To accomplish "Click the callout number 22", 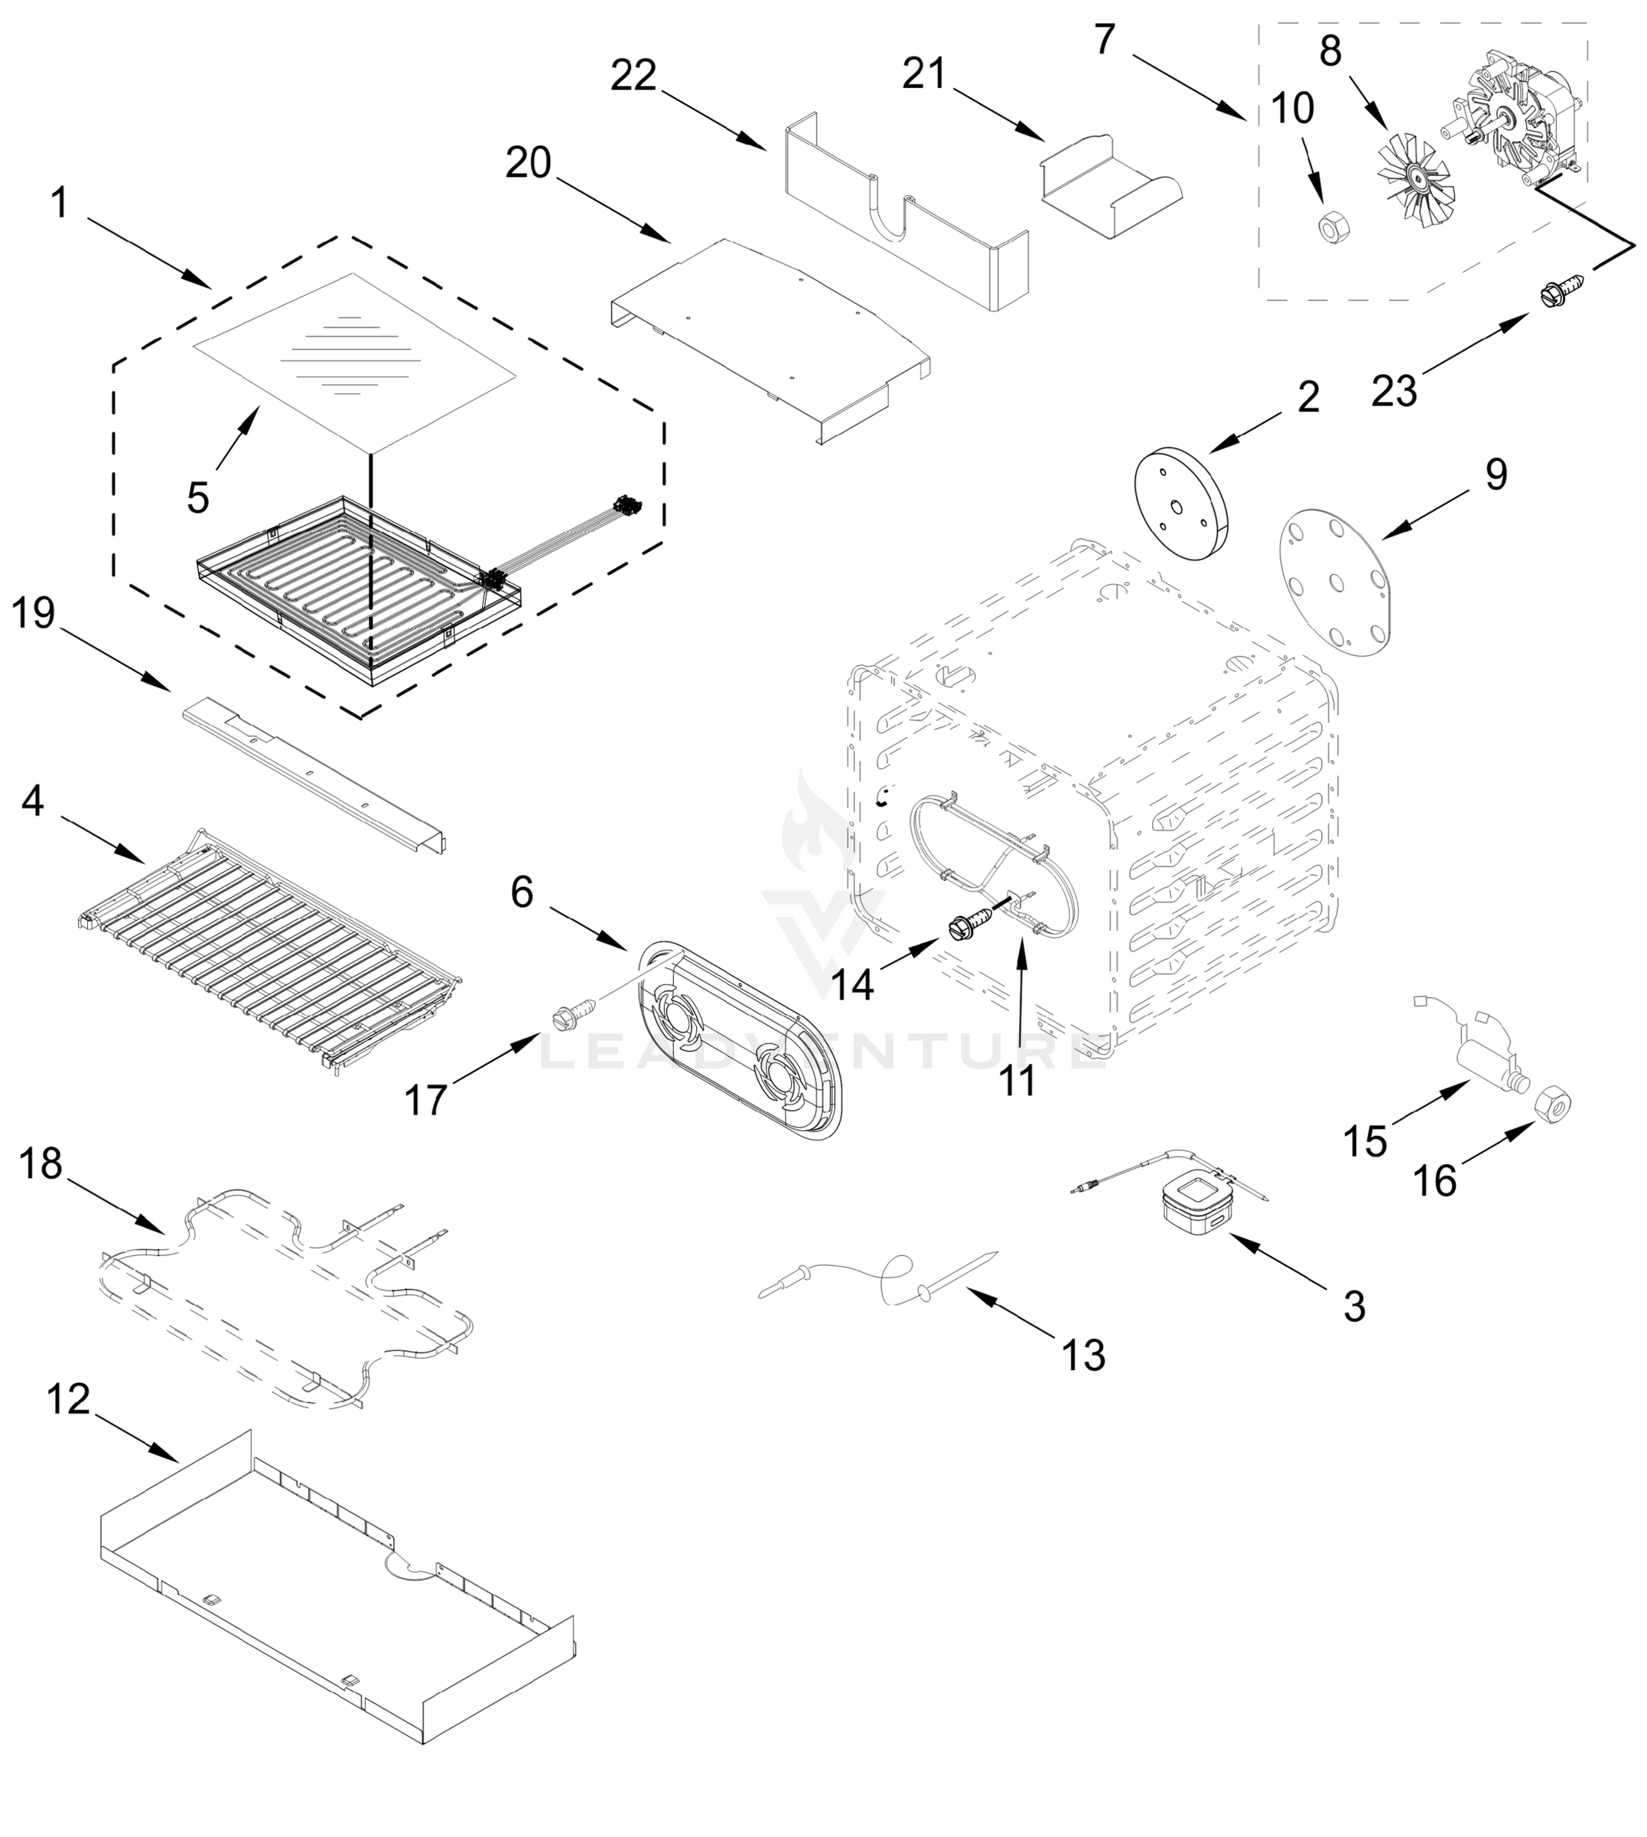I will [633, 76].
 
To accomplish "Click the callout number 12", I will [69, 1399].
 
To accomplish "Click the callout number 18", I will [41, 1163].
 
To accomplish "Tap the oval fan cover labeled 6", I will [740, 1036].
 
